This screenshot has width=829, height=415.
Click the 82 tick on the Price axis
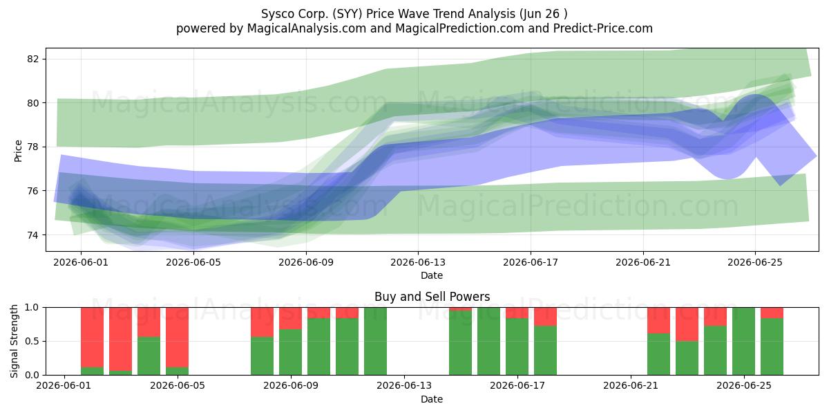[32, 59]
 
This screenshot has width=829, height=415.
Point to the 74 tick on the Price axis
[32, 235]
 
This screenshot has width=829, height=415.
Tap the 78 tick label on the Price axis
[32, 147]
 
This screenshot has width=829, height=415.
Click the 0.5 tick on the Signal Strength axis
[32, 341]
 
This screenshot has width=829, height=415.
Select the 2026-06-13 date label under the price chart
[418, 262]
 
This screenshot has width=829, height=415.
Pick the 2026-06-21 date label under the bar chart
[631, 386]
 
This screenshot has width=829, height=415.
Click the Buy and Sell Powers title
[432, 297]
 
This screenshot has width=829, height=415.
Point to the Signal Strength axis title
[14, 341]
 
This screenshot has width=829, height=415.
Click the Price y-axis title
[18, 151]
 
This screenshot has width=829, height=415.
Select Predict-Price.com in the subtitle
[603, 28]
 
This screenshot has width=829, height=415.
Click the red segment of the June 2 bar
[121, 339]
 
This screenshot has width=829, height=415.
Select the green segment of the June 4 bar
[149, 356]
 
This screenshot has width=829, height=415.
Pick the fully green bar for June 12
[375, 341]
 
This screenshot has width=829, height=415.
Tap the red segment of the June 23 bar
[687, 324]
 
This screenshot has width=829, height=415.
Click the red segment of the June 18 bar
[545, 317]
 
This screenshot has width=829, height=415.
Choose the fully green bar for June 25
[743, 341]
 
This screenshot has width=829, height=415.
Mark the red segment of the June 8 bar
[262, 322]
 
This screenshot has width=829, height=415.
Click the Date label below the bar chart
[432, 399]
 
